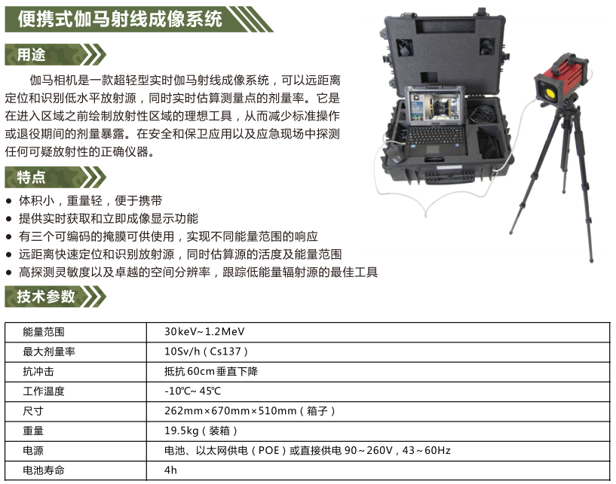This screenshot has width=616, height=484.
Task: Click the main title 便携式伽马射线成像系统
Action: tap(120, 20)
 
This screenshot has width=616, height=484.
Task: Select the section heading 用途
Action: tap(32, 54)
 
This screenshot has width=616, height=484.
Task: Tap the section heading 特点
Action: tap(32, 178)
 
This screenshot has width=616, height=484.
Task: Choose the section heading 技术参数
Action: tap(45, 297)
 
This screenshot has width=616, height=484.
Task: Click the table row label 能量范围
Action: tap(44, 332)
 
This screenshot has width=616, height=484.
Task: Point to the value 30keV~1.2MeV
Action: tap(204, 332)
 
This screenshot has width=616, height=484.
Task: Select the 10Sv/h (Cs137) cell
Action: tap(206, 352)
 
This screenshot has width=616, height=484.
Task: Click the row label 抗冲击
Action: tap(38, 371)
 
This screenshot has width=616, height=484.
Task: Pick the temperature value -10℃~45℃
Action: tap(192, 391)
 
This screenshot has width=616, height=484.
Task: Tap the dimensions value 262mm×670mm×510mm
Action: tap(230, 411)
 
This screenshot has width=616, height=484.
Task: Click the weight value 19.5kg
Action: tap(181, 431)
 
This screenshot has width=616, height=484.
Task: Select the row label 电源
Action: tap(33, 451)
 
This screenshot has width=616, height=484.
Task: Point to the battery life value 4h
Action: tap(170, 470)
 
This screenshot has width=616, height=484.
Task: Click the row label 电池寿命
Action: tap(44, 470)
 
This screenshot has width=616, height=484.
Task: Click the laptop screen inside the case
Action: tap(434, 106)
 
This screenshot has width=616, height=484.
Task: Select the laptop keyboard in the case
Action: tap(434, 135)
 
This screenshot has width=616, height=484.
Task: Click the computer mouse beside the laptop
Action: tap(395, 154)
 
